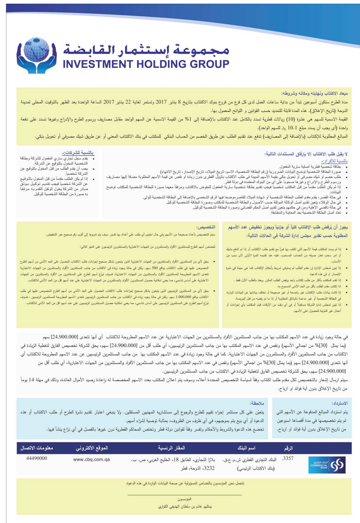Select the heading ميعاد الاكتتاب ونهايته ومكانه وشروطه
coord(314,93)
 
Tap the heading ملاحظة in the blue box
coord(257,403)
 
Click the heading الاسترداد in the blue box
coord(340,403)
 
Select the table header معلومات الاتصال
coord(37,448)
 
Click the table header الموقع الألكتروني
coord(92,448)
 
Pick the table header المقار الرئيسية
coord(172,448)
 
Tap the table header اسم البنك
coord(247,448)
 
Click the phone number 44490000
coord(37,458)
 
